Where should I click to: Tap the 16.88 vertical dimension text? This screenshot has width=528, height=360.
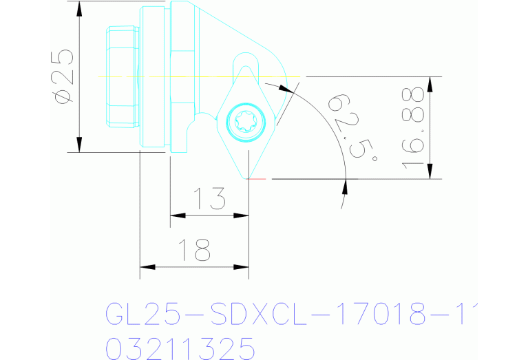point(413,128)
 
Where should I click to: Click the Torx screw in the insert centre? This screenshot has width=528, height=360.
point(245,123)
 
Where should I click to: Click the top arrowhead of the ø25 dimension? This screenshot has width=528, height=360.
point(80,10)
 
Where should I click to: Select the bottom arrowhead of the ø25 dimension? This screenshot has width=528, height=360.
point(80,144)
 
